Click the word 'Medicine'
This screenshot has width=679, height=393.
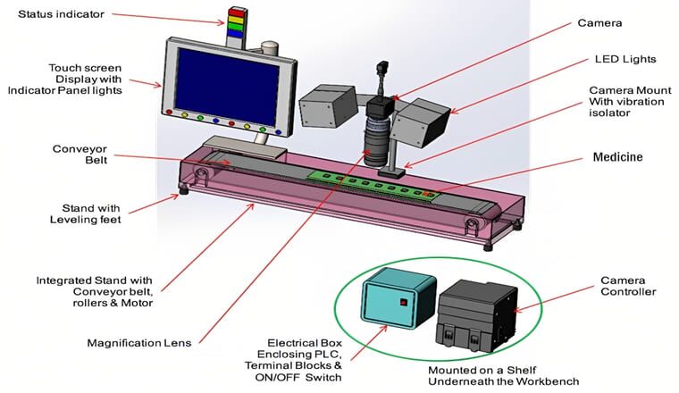(619, 157)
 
